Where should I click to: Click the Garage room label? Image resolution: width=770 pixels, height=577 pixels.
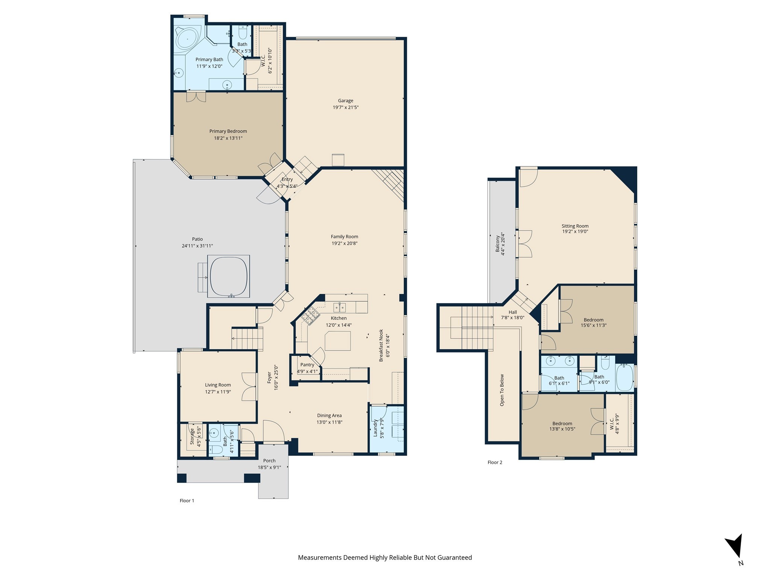point(345,101)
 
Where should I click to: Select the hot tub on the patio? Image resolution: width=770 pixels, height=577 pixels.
point(229,276)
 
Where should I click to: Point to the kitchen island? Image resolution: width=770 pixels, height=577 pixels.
point(338,341)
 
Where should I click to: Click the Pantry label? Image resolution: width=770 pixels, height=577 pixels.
point(307,365)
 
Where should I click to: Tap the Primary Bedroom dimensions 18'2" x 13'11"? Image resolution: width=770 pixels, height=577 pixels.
point(228,138)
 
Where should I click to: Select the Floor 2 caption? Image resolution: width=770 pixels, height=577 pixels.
point(495,462)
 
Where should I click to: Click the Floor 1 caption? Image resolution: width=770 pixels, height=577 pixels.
point(187,501)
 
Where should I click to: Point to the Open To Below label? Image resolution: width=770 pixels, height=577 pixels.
point(502,390)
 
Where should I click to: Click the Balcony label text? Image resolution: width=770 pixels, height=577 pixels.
point(497,244)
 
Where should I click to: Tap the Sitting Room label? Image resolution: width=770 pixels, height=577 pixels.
point(575,226)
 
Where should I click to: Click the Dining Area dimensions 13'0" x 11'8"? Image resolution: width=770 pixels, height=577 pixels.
point(329,422)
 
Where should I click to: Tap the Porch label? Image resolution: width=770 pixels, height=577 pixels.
point(269,461)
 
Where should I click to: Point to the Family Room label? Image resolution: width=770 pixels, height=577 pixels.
point(344,237)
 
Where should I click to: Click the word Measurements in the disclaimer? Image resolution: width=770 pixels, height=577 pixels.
point(320,558)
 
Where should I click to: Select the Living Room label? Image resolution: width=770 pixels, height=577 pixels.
point(218,385)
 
